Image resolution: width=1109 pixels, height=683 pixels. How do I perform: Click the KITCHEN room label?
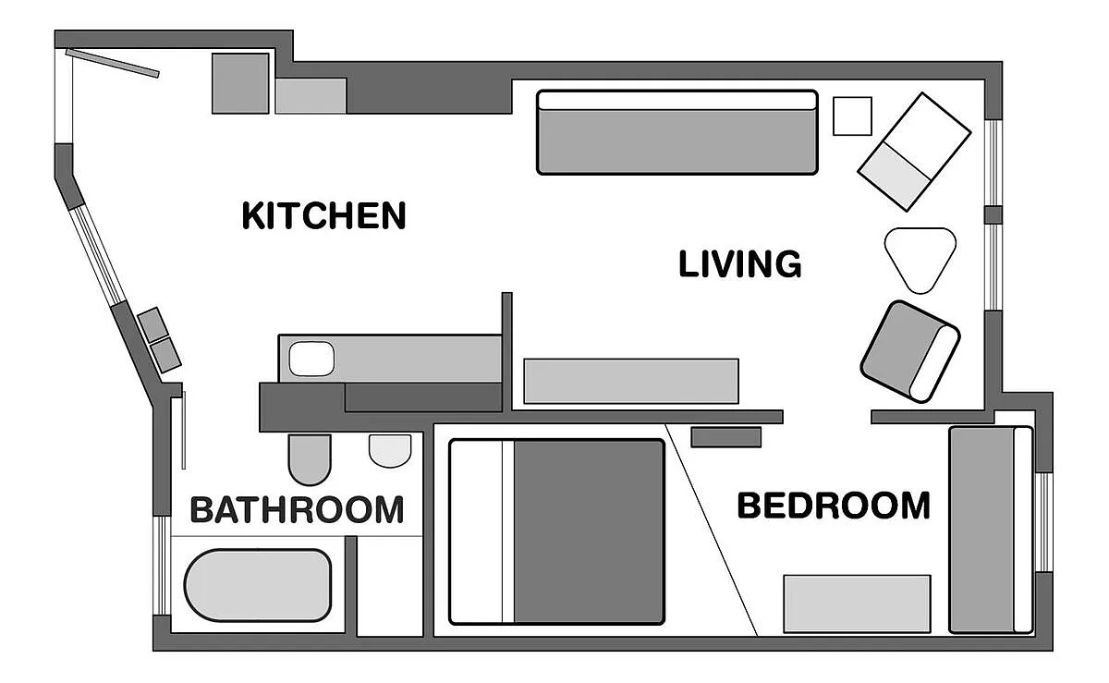(x=323, y=215)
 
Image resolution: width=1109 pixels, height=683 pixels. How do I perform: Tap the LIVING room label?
(x=739, y=264)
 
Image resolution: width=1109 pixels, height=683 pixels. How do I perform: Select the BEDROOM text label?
(x=834, y=506)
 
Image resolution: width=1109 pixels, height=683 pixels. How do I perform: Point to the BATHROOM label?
(x=297, y=509)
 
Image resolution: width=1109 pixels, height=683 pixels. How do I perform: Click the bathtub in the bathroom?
(x=258, y=586)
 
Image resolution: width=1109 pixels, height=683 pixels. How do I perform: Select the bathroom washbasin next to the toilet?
(x=390, y=450)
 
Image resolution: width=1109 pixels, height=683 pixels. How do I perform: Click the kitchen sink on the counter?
(x=311, y=359)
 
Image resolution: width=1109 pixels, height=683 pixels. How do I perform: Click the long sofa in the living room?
(x=677, y=132)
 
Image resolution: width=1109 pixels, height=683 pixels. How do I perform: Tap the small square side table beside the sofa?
(x=852, y=116)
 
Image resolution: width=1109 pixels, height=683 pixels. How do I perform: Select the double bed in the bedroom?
(x=557, y=531)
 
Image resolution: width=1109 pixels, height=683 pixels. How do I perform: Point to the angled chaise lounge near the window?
(x=915, y=150)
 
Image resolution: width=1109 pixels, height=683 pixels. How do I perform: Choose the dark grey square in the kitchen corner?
(x=241, y=83)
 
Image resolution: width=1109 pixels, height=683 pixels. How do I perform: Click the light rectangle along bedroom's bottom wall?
(x=857, y=604)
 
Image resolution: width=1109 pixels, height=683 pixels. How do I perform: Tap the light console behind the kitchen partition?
(x=631, y=381)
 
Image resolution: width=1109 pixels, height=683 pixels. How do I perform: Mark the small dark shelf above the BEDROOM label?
(x=725, y=436)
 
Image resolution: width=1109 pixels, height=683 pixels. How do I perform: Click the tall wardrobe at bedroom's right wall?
(x=991, y=530)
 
